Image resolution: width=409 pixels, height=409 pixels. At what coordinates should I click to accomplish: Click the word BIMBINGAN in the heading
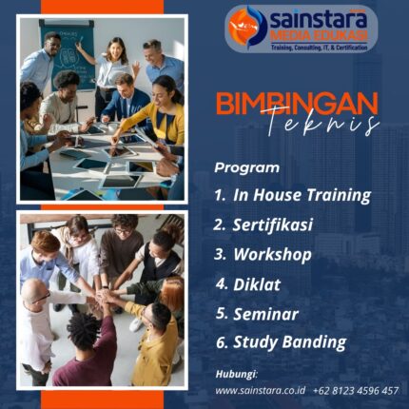pyautogui.click(x=296, y=103)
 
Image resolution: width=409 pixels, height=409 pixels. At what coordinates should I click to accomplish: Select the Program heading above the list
pyautogui.click(x=246, y=167)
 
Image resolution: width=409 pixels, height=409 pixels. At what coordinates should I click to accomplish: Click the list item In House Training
pyautogui.click(x=302, y=195)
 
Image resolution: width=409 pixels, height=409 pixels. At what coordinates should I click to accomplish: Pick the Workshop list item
pyautogui.click(x=272, y=254)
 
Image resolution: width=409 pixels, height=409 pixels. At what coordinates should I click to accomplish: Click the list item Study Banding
pyautogui.click(x=289, y=341)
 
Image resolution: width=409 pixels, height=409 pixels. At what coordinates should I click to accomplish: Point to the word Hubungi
pyautogui.click(x=236, y=373)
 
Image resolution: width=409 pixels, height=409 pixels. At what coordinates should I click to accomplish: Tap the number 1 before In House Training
pyautogui.click(x=220, y=195)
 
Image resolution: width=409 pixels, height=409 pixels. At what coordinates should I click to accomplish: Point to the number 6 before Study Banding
pyautogui.click(x=220, y=341)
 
